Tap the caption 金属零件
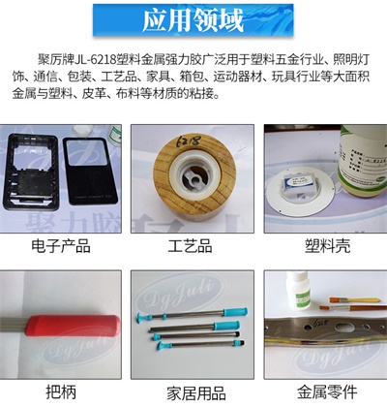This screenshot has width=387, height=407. (x=320, y=392)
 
